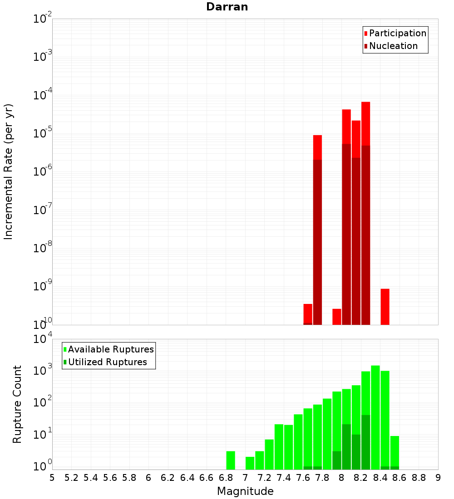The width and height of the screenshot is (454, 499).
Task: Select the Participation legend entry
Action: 397,33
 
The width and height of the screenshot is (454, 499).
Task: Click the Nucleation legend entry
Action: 393,46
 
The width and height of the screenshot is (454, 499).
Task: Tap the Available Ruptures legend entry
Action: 110,349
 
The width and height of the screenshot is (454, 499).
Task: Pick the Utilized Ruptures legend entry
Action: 107,362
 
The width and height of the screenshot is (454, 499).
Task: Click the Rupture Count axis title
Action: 17,404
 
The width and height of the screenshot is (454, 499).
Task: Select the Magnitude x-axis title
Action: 245,491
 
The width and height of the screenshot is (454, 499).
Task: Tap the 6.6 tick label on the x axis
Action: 207,478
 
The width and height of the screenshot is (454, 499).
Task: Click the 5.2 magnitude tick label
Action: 71,478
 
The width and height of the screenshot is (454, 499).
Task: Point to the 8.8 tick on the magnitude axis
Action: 419,478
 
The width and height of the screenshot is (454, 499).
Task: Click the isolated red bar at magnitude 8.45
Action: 385,307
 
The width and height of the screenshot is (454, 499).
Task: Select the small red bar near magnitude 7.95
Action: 336,317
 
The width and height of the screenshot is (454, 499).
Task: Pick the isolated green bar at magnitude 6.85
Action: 231,460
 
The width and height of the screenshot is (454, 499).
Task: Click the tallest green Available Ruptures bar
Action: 375,417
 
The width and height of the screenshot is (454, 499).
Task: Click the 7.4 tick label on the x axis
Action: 284,478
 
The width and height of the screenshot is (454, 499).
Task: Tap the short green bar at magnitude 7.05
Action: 250,463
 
